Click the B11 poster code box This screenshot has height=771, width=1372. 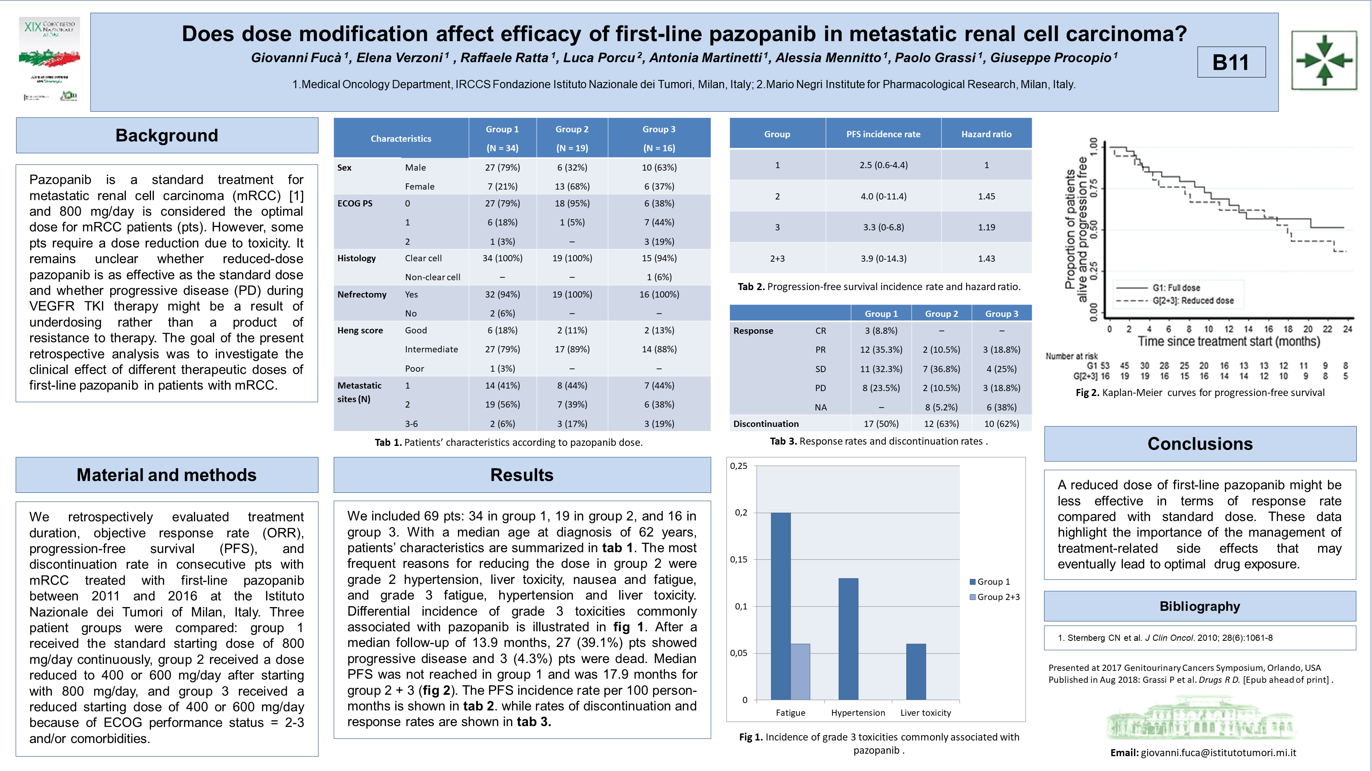[x=1231, y=62]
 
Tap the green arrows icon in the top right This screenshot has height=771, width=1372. [x=1324, y=60]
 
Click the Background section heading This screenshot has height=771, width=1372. [x=167, y=135]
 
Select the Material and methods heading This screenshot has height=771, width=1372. [x=167, y=475]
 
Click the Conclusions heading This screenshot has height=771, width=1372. [x=1200, y=444]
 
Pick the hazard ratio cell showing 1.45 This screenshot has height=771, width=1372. [x=986, y=196]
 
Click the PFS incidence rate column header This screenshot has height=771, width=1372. [x=883, y=134]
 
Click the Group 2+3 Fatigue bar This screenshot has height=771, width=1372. [x=800, y=672]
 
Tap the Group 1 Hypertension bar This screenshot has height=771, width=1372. [x=848, y=638]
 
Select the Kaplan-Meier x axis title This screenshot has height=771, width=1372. [x=1229, y=342]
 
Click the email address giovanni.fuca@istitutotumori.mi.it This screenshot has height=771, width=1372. [x=1218, y=752]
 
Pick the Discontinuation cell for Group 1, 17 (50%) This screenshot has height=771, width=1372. [x=881, y=424]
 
